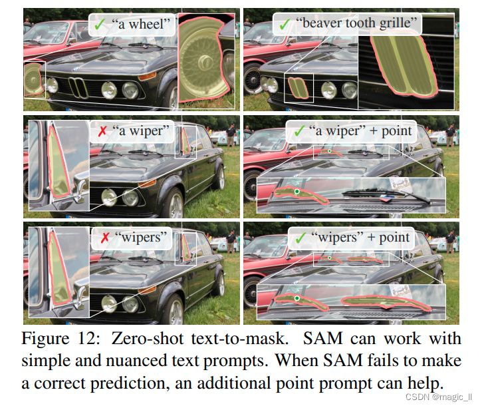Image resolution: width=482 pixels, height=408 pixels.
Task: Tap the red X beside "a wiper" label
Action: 102,130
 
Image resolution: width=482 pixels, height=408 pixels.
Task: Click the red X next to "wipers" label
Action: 102,237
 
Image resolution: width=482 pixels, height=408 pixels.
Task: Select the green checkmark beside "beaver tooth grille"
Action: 285,25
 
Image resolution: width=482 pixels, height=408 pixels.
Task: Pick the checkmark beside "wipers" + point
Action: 300,237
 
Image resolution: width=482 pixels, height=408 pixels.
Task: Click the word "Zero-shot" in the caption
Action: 146,338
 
